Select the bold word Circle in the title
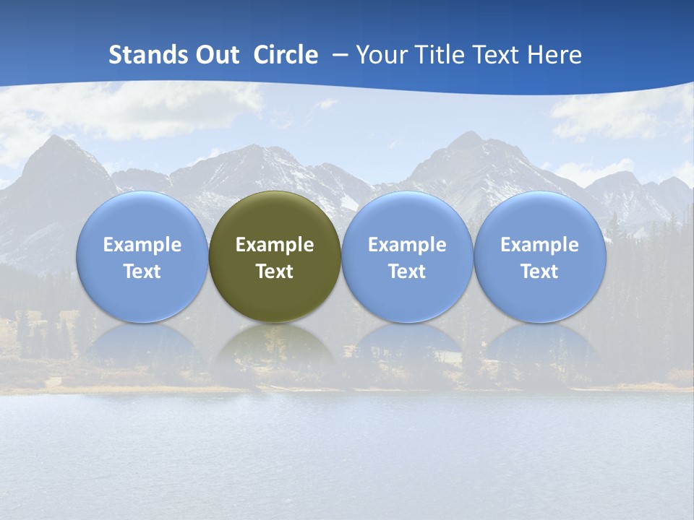[x=286, y=55]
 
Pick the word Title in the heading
[x=440, y=55]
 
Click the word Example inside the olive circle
[x=275, y=245]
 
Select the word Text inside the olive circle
[x=275, y=272]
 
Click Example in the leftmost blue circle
[x=142, y=245]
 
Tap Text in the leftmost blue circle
[x=142, y=272]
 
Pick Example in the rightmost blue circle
[x=539, y=245]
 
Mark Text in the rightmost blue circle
[x=539, y=272]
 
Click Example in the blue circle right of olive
[x=407, y=245]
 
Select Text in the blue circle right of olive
[x=407, y=272]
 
